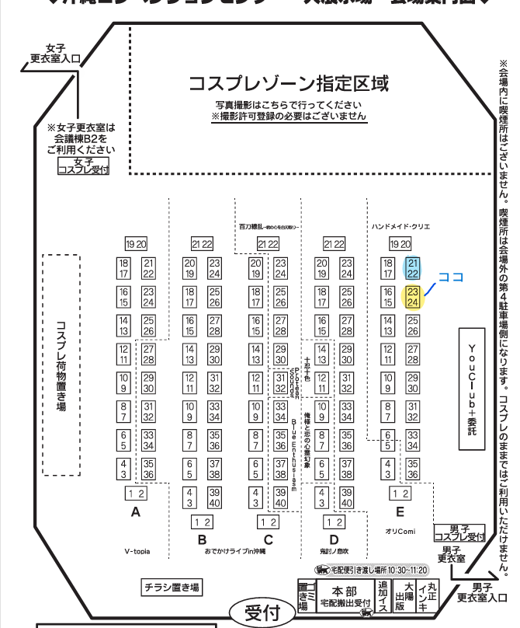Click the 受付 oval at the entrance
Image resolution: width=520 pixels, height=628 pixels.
click(262, 613)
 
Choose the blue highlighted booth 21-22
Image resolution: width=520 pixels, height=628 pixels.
click(413, 268)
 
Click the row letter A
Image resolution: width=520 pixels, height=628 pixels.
click(136, 512)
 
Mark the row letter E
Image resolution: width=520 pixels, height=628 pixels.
click(400, 512)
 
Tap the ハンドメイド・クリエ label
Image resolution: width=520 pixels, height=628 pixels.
click(400, 226)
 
